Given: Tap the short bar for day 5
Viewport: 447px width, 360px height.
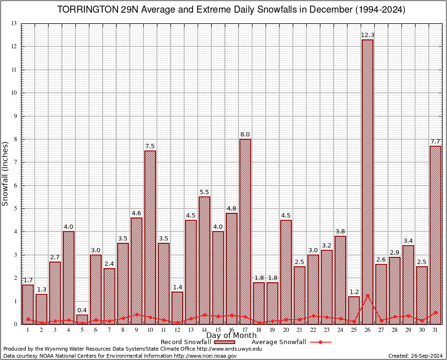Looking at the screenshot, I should (x=82, y=319).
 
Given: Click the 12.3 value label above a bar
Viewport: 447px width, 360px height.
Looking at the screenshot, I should (x=367, y=35).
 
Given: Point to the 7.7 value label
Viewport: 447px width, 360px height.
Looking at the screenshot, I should (x=435, y=142).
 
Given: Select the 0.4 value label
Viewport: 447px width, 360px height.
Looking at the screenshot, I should (x=82, y=310).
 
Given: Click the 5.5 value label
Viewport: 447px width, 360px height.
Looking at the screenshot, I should (x=204, y=192).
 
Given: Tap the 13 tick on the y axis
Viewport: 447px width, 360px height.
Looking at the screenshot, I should (x=14, y=23).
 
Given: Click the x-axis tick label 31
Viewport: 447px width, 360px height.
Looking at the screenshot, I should (x=435, y=330).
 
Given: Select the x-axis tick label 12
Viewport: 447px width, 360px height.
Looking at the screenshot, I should (x=177, y=330).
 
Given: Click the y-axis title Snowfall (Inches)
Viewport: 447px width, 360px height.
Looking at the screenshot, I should (x=6, y=174).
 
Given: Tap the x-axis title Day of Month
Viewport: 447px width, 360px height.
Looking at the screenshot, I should (x=231, y=336).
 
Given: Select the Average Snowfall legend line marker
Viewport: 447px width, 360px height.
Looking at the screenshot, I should (x=320, y=342).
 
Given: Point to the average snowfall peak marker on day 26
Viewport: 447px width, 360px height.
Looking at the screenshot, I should (x=367, y=295).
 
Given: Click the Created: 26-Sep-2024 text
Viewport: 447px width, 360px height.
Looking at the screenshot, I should (x=415, y=356).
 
